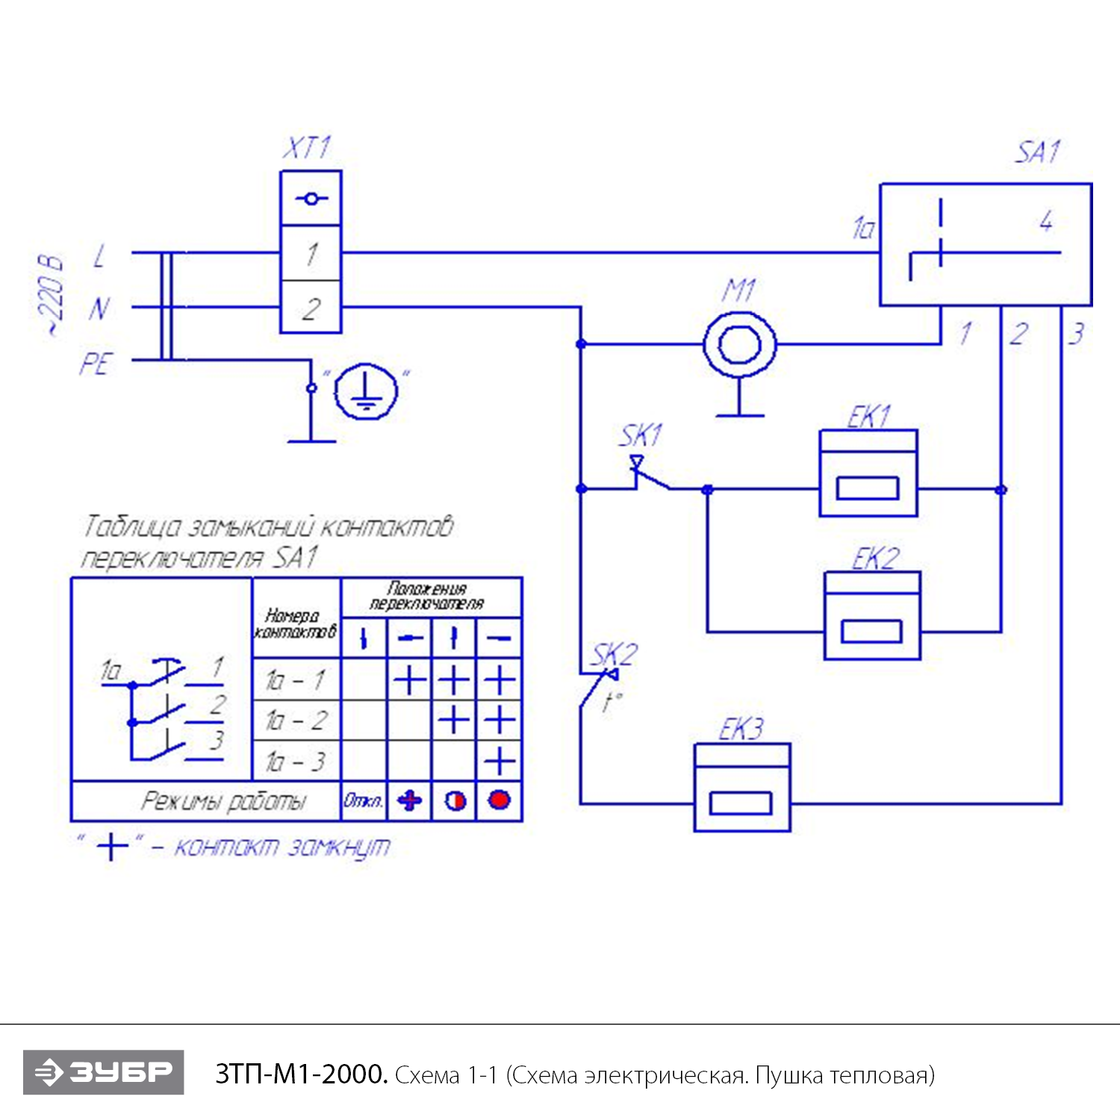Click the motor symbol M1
739,345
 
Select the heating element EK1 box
868,473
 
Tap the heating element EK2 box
872,616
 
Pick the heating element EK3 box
741,787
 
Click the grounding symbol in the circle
366,391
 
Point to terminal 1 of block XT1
311,254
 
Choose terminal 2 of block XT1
311,308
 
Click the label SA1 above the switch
1037,152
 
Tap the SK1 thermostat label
641,435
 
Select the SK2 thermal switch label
615,655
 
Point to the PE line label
96,364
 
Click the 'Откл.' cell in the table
364,801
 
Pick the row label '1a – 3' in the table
296,762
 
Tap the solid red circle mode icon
499,800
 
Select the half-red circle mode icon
455,801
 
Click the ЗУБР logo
104,1072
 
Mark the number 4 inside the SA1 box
1046,221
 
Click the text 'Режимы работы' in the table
223,802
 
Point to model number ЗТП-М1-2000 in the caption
301,1074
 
